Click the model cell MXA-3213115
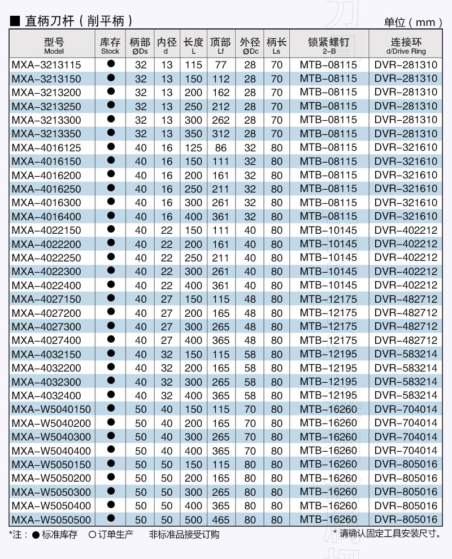(46, 65)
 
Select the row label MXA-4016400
(46, 216)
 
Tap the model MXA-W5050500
(51, 519)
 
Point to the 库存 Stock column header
(110, 45)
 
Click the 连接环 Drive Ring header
(406, 45)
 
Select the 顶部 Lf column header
(220, 45)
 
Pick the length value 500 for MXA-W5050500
(193, 519)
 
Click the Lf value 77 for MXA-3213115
(220, 65)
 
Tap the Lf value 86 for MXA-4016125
(220, 148)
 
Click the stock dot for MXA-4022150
(111, 229)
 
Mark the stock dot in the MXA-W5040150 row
(111, 408)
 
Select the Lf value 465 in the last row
(220, 519)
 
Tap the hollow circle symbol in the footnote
(92, 534)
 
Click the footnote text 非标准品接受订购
(184, 534)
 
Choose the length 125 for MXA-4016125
(193, 148)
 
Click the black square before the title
(15, 21)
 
